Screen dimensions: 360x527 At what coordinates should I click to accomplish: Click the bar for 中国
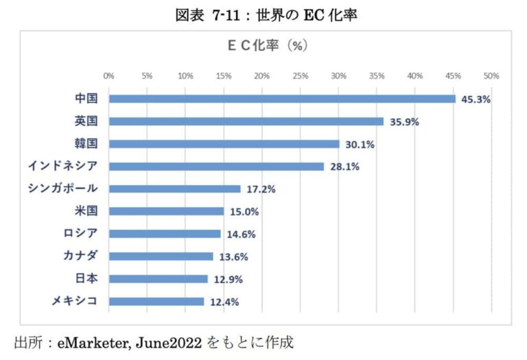(x=282, y=99)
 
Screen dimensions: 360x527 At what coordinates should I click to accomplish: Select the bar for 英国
(x=246, y=121)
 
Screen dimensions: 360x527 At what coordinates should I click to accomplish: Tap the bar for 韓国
(x=224, y=144)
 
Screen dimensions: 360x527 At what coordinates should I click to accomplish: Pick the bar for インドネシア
(x=216, y=167)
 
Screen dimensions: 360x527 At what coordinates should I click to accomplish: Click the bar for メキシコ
(x=156, y=301)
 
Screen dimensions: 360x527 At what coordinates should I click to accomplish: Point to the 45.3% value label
(x=476, y=99)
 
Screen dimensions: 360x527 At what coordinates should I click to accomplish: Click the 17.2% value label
(x=260, y=189)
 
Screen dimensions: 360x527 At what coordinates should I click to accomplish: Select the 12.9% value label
(x=227, y=279)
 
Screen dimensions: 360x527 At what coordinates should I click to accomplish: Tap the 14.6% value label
(x=240, y=234)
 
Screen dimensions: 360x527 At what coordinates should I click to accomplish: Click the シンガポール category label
(x=62, y=189)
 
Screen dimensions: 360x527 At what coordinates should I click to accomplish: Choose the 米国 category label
(x=86, y=211)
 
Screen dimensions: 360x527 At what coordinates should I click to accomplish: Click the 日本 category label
(x=86, y=278)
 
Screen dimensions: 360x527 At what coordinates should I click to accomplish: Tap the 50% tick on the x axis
(x=491, y=75)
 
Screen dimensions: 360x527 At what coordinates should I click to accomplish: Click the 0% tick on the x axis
(x=108, y=75)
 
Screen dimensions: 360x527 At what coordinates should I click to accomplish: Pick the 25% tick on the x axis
(x=300, y=75)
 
